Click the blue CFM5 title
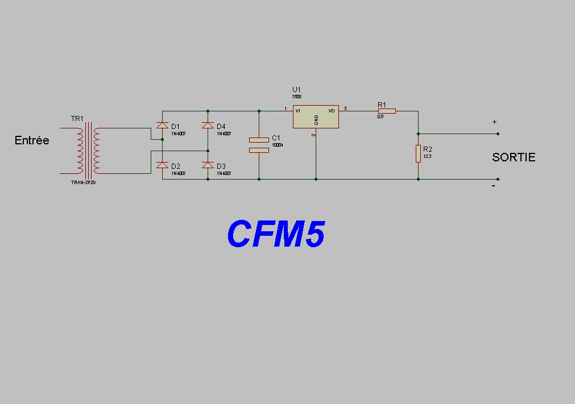point(276,234)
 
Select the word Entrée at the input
point(32,140)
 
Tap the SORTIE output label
point(514,157)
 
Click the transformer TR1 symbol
point(88,151)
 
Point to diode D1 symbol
point(162,125)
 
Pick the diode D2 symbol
point(162,165)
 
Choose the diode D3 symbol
point(208,165)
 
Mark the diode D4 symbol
point(208,125)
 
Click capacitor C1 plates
point(259,145)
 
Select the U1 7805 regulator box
point(316,116)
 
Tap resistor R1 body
point(387,111)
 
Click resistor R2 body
point(418,153)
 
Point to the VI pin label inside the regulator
point(298,111)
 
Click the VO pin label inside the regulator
point(332,111)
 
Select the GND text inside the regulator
point(316,120)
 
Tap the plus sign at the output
point(494,122)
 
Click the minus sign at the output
point(494,186)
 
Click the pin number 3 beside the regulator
point(345,109)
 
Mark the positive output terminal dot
point(498,134)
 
